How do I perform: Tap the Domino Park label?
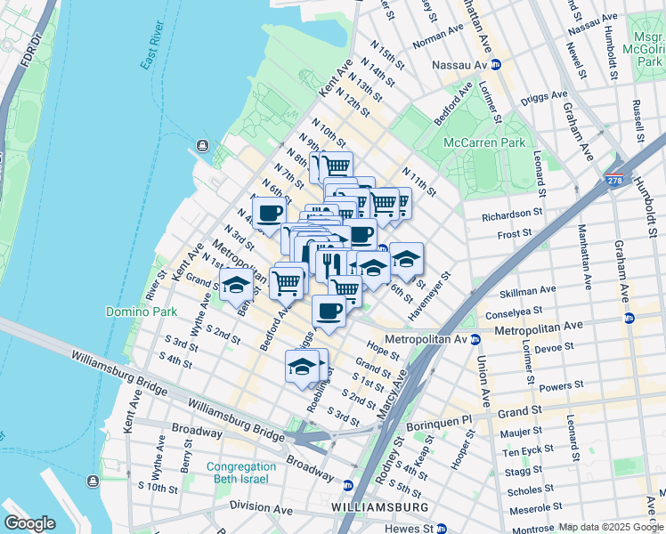tap(134, 311)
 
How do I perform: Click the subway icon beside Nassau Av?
tap(495, 65)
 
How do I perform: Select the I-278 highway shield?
tap(614, 179)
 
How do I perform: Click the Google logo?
tap(29, 522)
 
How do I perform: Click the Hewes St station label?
tap(416, 528)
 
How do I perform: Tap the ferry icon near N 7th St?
tap(203, 146)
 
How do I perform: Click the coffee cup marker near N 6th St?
tap(270, 214)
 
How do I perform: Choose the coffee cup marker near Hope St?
tap(329, 311)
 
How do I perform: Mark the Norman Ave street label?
tap(440, 37)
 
